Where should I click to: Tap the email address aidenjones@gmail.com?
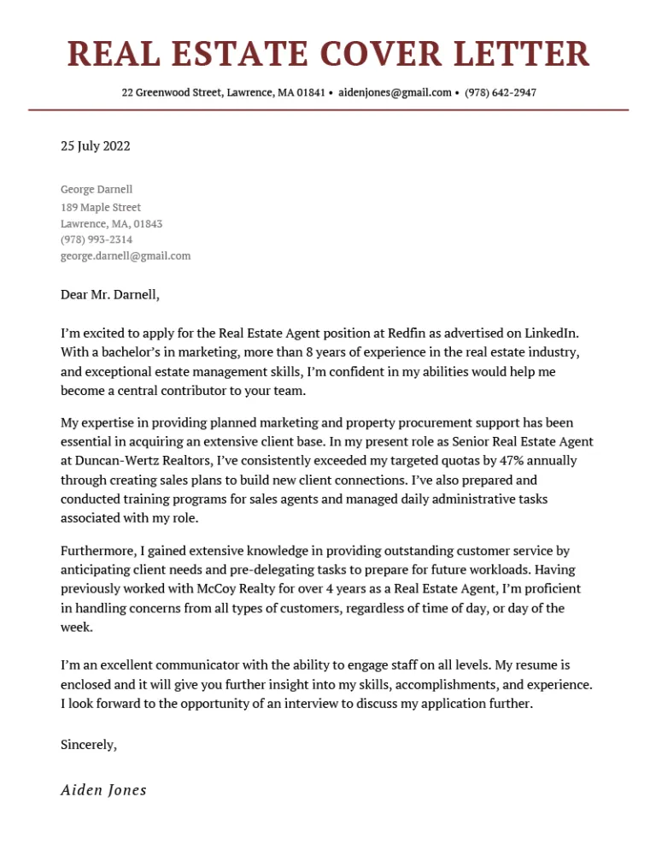pyautogui.click(x=395, y=92)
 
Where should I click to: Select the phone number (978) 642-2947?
pyautogui.click(x=501, y=92)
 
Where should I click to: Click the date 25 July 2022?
pyautogui.click(x=96, y=146)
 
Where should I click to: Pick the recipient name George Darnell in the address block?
pyautogui.click(x=97, y=189)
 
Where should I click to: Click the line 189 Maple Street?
pyautogui.click(x=101, y=207)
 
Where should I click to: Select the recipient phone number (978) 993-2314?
pyautogui.click(x=97, y=239)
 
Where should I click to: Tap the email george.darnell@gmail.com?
pyautogui.click(x=126, y=256)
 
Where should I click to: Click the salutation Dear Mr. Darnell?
pyautogui.click(x=110, y=295)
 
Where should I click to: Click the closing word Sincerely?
pyautogui.click(x=88, y=745)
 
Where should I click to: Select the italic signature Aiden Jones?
pyautogui.click(x=103, y=790)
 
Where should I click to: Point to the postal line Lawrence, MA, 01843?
pyautogui.click(x=111, y=223)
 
